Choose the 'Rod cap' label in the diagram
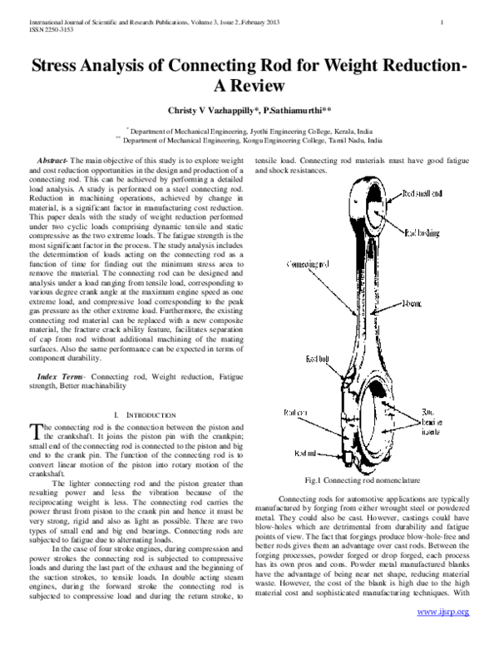point(295,412)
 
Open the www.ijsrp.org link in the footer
point(443,634)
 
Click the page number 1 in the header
point(467,20)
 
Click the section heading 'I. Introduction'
point(143,415)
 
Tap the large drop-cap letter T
point(35,430)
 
